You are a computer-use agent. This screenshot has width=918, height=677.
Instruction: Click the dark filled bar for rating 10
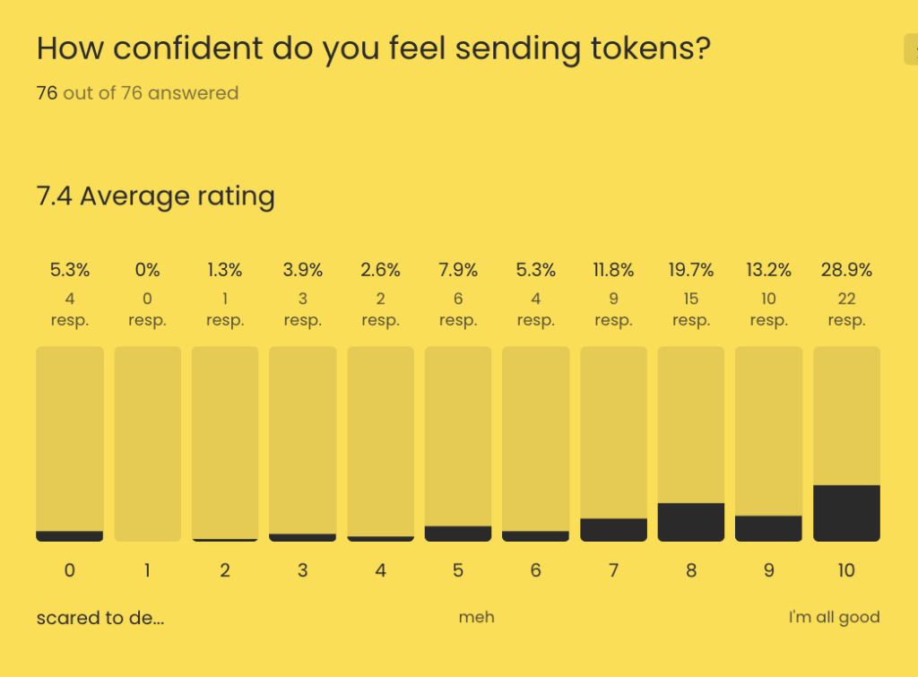pyautogui.click(x=846, y=513)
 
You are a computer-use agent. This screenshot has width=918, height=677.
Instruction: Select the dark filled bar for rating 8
pyautogui.click(x=691, y=522)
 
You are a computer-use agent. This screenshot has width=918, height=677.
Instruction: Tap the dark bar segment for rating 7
pyautogui.click(x=613, y=530)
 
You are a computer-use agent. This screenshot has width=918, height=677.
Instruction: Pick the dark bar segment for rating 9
pyautogui.click(x=768, y=528)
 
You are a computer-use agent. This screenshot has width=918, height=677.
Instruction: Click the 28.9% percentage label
pyautogui.click(x=846, y=270)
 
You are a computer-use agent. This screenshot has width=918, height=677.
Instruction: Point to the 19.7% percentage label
pyautogui.click(x=691, y=270)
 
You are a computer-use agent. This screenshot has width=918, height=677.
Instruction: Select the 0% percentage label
pyautogui.click(x=148, y=270)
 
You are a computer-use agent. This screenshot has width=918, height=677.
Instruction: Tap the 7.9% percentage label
pyautogui.click(x=458, y=270)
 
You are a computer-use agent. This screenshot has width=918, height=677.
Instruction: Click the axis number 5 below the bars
pyautogui.click(x=458, y=570)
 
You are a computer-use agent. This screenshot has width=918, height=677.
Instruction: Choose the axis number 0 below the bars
pyautogui.click(x=70, y=570)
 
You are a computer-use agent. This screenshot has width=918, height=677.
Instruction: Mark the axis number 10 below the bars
pyautogui.click(x=846, y=570)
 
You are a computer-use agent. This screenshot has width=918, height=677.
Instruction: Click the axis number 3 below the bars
pyautogui.click(x=303, y=570)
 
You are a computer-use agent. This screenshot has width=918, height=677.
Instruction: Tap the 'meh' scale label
pyautogui.click(x=476, y=617)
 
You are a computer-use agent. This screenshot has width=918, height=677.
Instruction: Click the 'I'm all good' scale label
pyautogui.click(x=834, y=617)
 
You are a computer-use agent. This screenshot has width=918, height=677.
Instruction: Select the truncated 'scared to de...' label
pyautogui.click(x=100, y=617)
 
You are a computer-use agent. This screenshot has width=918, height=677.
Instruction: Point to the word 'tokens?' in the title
pyautogui.click(x=646, y=48)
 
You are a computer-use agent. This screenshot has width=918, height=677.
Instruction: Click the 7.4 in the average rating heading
pyautogui.click(x=54, y=195)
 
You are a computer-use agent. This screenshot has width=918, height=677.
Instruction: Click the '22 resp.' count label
pyautogui.click(x=846, y=309)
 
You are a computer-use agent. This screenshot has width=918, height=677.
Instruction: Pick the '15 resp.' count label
pyautogui.click(x=691, y=309)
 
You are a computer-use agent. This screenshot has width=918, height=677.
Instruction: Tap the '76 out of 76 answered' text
pyautogui.click(x=137, y=93)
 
